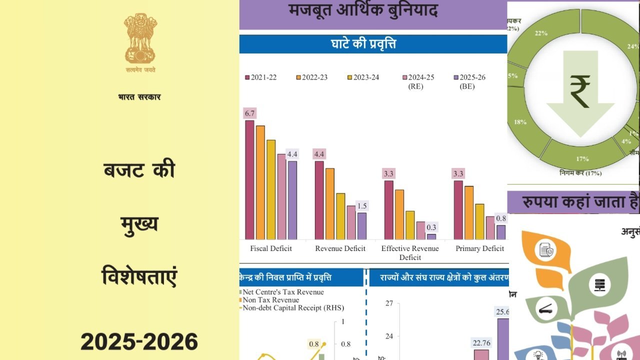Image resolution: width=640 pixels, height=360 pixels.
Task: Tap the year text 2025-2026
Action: click(x=139, y=342)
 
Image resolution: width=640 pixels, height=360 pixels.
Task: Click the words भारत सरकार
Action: click(x=139, y=97)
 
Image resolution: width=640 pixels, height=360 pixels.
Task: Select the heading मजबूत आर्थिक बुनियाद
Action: click(x=363, y=10)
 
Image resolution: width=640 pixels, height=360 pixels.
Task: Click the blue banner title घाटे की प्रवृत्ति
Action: click(x=363, y=44)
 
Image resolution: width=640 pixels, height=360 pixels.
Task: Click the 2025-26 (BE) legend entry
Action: click(x=469, y=81)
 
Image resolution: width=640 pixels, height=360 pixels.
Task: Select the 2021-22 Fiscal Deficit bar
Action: click(x=249, y=180)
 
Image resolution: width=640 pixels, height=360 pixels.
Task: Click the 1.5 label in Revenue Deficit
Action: click(x=362, y=206)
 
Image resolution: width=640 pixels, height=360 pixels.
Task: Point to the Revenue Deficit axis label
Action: click(x=340, y=248)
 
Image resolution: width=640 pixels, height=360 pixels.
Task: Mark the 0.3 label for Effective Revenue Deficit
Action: click(x=431, y=227)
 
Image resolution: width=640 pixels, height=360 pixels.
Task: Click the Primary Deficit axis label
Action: click(x=479, y=248)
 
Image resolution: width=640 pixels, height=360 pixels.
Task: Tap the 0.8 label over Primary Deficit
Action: click(x=500, y=218)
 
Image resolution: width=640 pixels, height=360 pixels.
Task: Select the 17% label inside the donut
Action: click(x=582, y=159)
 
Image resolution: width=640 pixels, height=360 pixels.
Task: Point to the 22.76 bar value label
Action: click(x=481, y=343)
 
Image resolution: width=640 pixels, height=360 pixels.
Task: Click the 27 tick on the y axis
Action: click(x=389, y=303)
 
